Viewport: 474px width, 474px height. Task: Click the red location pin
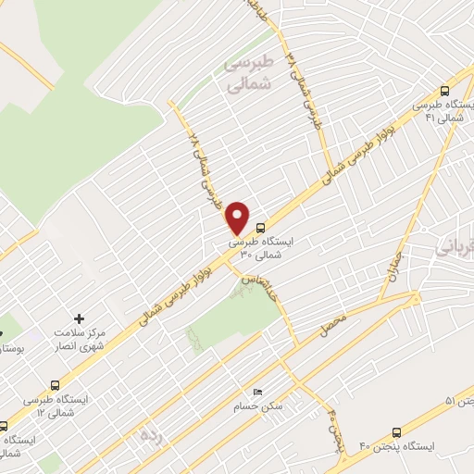[x=238, y=218]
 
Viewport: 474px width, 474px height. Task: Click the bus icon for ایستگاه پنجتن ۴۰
[x=397, y=432]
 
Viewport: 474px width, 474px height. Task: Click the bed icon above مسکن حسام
[x=257, y=393]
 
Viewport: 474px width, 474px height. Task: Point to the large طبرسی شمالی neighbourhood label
[x=251, y=71]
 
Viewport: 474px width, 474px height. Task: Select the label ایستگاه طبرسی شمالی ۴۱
[x=444, y=112]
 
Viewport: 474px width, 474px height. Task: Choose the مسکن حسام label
[x=258, y=408]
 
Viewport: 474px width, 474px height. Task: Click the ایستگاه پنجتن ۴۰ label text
[x=405, y=448]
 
